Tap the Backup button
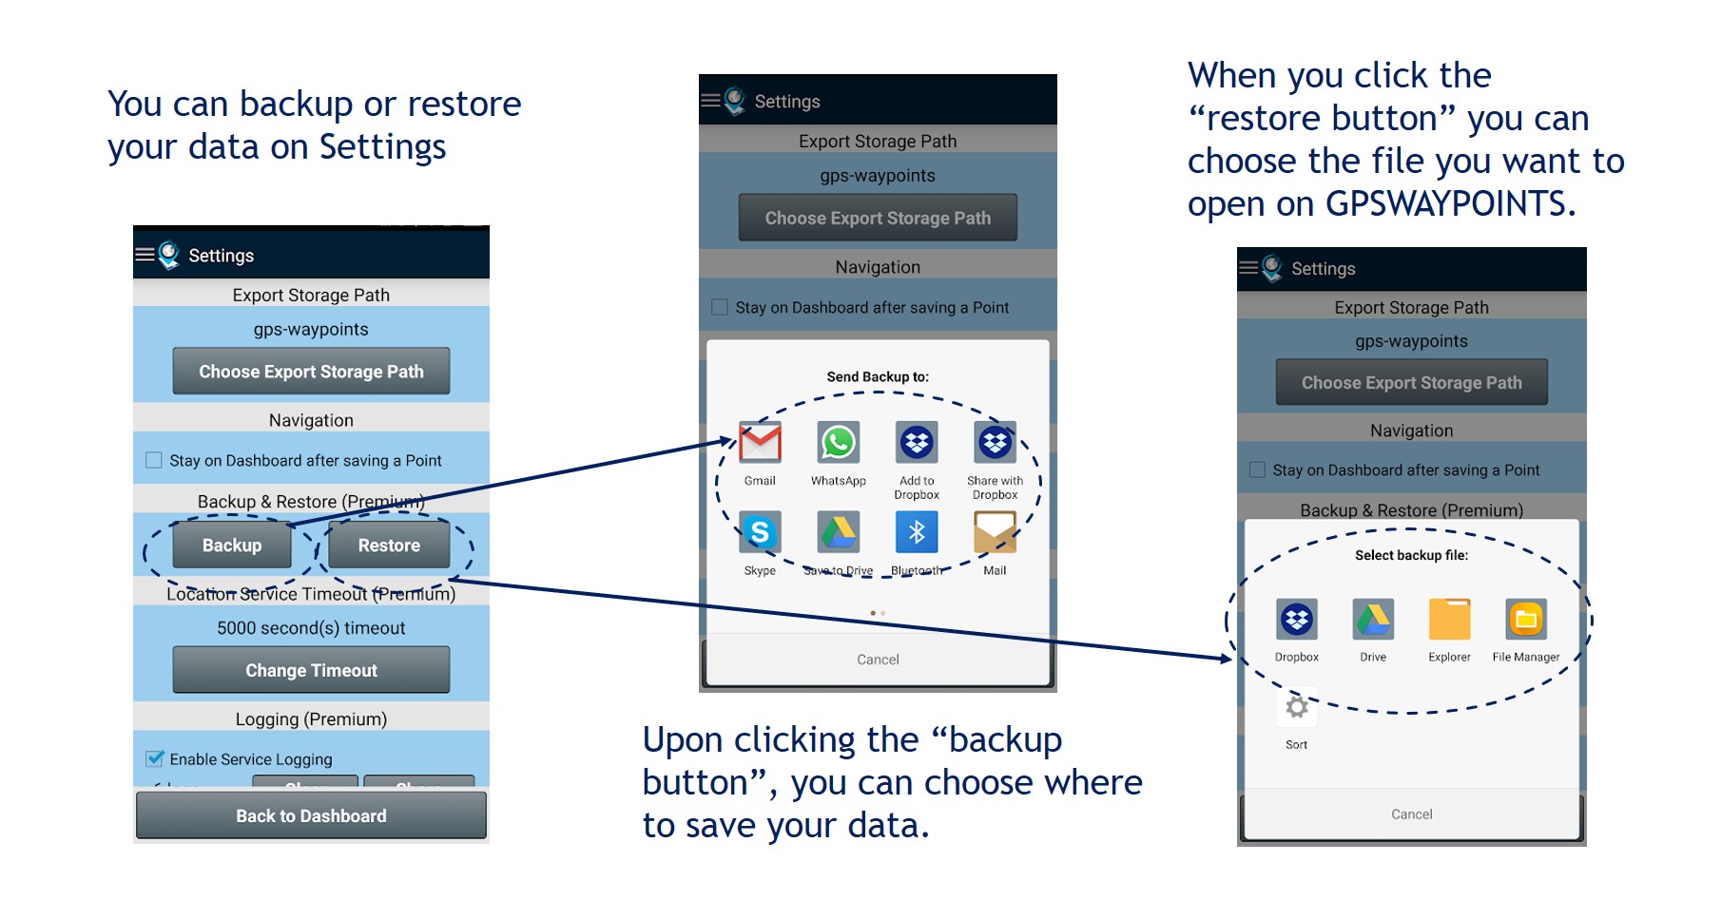click(x=232, y=546)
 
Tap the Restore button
click(x=389, y=546)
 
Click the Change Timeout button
click(x=311, y=670)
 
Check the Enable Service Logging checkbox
click(x=154, y=758)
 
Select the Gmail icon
click(x=760, y=443)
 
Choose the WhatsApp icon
click(x=838, y=443)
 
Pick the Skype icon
click(x=760, y=532)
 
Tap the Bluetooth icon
click(x=917, y=532)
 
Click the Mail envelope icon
click(x=995, y=532)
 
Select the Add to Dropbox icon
click(x=917, y=443)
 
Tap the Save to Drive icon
click(x=838, y=532)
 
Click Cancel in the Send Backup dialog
click(x=878, y=660)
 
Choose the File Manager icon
click(x=1525, y=620)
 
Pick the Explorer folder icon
click(x=1449, y=620)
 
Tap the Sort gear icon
click(x=1296, y=708)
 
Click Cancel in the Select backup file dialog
click(x=1411, y=814)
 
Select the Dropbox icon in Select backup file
click(x=1296, y=620)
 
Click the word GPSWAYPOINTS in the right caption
click(x=1450, y=204)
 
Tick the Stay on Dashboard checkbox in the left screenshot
click(x=154, y=460)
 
